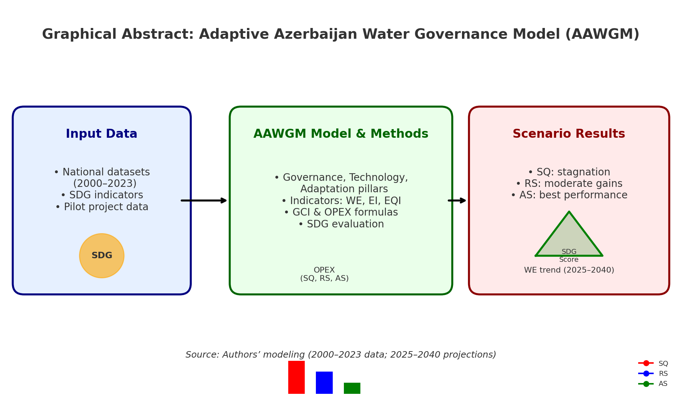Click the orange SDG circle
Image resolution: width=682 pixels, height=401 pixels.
(x=102, y=256)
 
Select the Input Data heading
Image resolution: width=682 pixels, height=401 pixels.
(x=102, y=134)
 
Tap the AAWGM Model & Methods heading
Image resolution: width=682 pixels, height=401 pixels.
(x=341, y=134)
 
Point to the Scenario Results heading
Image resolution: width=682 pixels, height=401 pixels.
(x=569, y=134)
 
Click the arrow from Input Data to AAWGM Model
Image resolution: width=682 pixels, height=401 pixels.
(x=204, y=200)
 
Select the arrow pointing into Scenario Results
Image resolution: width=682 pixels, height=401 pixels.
(x=457, y=200)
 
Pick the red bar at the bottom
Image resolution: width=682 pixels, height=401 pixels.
(x=296, y=377)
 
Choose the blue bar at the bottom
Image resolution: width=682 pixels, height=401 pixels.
(x=324, y=383)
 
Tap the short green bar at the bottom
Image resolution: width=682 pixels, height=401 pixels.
(x=352, y=388)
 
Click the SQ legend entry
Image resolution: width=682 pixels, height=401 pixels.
(x=653, y=363)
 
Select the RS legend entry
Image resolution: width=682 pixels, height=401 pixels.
(x=653, y=373)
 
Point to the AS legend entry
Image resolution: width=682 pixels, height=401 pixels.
(x=653, y=384)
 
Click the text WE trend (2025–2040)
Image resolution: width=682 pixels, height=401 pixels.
(x=569, y=270)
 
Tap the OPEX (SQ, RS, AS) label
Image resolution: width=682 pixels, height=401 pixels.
(x=324, y=274)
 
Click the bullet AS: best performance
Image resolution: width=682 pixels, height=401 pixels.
(x=569, y=195)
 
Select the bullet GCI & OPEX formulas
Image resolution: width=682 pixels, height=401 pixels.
(x=341, y=212)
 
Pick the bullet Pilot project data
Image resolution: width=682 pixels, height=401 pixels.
(x=102, y=207)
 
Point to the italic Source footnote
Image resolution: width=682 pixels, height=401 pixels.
(x=341, y=355)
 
